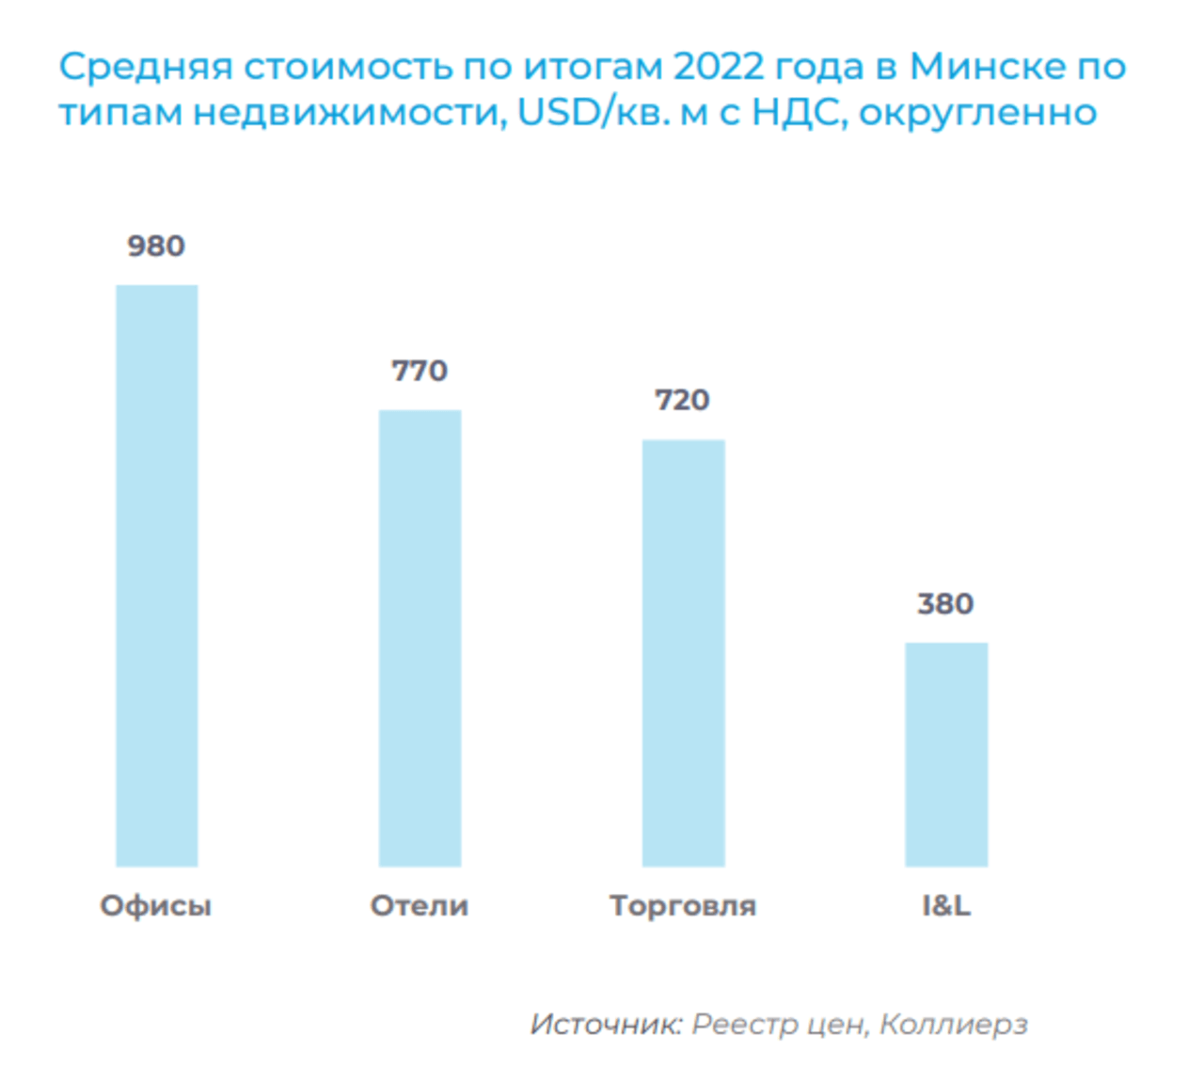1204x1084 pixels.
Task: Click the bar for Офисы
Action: (156, 575)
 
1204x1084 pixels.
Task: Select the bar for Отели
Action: (420, 637)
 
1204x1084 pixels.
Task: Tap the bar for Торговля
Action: (683, 652)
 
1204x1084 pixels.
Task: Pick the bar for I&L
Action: (946, 754)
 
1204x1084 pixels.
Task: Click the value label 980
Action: (156, 247)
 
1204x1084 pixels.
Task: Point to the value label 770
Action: (420, 371)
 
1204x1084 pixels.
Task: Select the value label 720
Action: (683, 401)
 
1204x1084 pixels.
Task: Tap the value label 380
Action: (946, 604)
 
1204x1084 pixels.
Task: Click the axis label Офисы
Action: (156, 906)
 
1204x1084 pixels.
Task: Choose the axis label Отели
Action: (420, 906)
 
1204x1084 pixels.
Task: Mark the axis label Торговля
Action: (683, 906)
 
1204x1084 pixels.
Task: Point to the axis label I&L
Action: (946, 906)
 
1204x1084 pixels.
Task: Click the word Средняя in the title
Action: (146, 68)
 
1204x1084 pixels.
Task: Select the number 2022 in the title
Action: (720, 68)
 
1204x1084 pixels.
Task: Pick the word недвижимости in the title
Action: (351, 113)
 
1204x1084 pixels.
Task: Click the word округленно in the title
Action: (978, 113)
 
